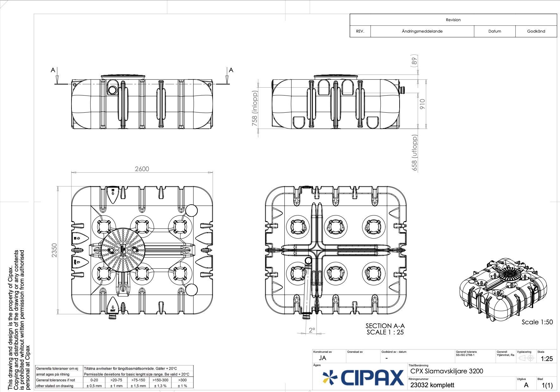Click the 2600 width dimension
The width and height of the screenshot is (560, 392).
142,169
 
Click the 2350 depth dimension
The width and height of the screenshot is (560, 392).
54,250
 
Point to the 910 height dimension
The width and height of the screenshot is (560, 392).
422,104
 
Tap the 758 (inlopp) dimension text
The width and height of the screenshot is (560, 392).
255,108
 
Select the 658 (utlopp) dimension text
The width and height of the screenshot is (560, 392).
414,153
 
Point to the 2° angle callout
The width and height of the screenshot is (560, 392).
312,330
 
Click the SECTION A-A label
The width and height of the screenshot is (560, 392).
385,326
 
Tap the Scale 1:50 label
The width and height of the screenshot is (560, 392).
537,322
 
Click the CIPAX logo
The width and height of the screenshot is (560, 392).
363,377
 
